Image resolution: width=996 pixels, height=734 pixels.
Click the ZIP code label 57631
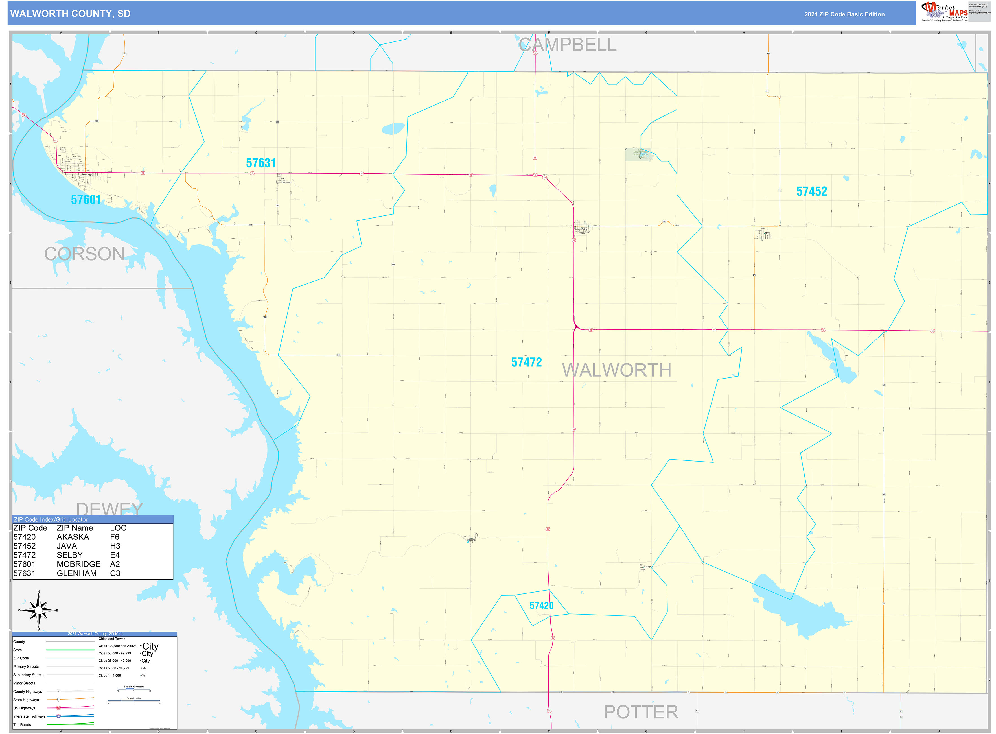coord(261,163)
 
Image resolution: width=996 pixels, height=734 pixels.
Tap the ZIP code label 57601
coord(86,200)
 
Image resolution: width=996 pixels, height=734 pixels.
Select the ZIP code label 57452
coord(811,191)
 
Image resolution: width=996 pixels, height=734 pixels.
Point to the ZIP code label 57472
coord(526,362)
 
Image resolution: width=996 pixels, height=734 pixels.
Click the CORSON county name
coord(84,254)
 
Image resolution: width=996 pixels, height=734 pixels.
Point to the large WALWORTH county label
coord(617,370)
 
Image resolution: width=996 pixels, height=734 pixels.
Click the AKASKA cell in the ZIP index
coord(73,537)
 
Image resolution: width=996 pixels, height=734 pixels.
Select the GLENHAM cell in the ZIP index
coord(76,573)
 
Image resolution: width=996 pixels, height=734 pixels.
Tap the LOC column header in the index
coord(118,528)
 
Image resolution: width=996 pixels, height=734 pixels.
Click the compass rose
coord(39,610)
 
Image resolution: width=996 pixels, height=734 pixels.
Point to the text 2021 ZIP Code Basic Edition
coord(844,14)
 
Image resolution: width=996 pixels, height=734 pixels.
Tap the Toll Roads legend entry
coord(22,725)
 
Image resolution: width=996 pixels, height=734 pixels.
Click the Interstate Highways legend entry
coord(29,716)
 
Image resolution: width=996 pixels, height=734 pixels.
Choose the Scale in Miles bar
coord(134,701)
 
